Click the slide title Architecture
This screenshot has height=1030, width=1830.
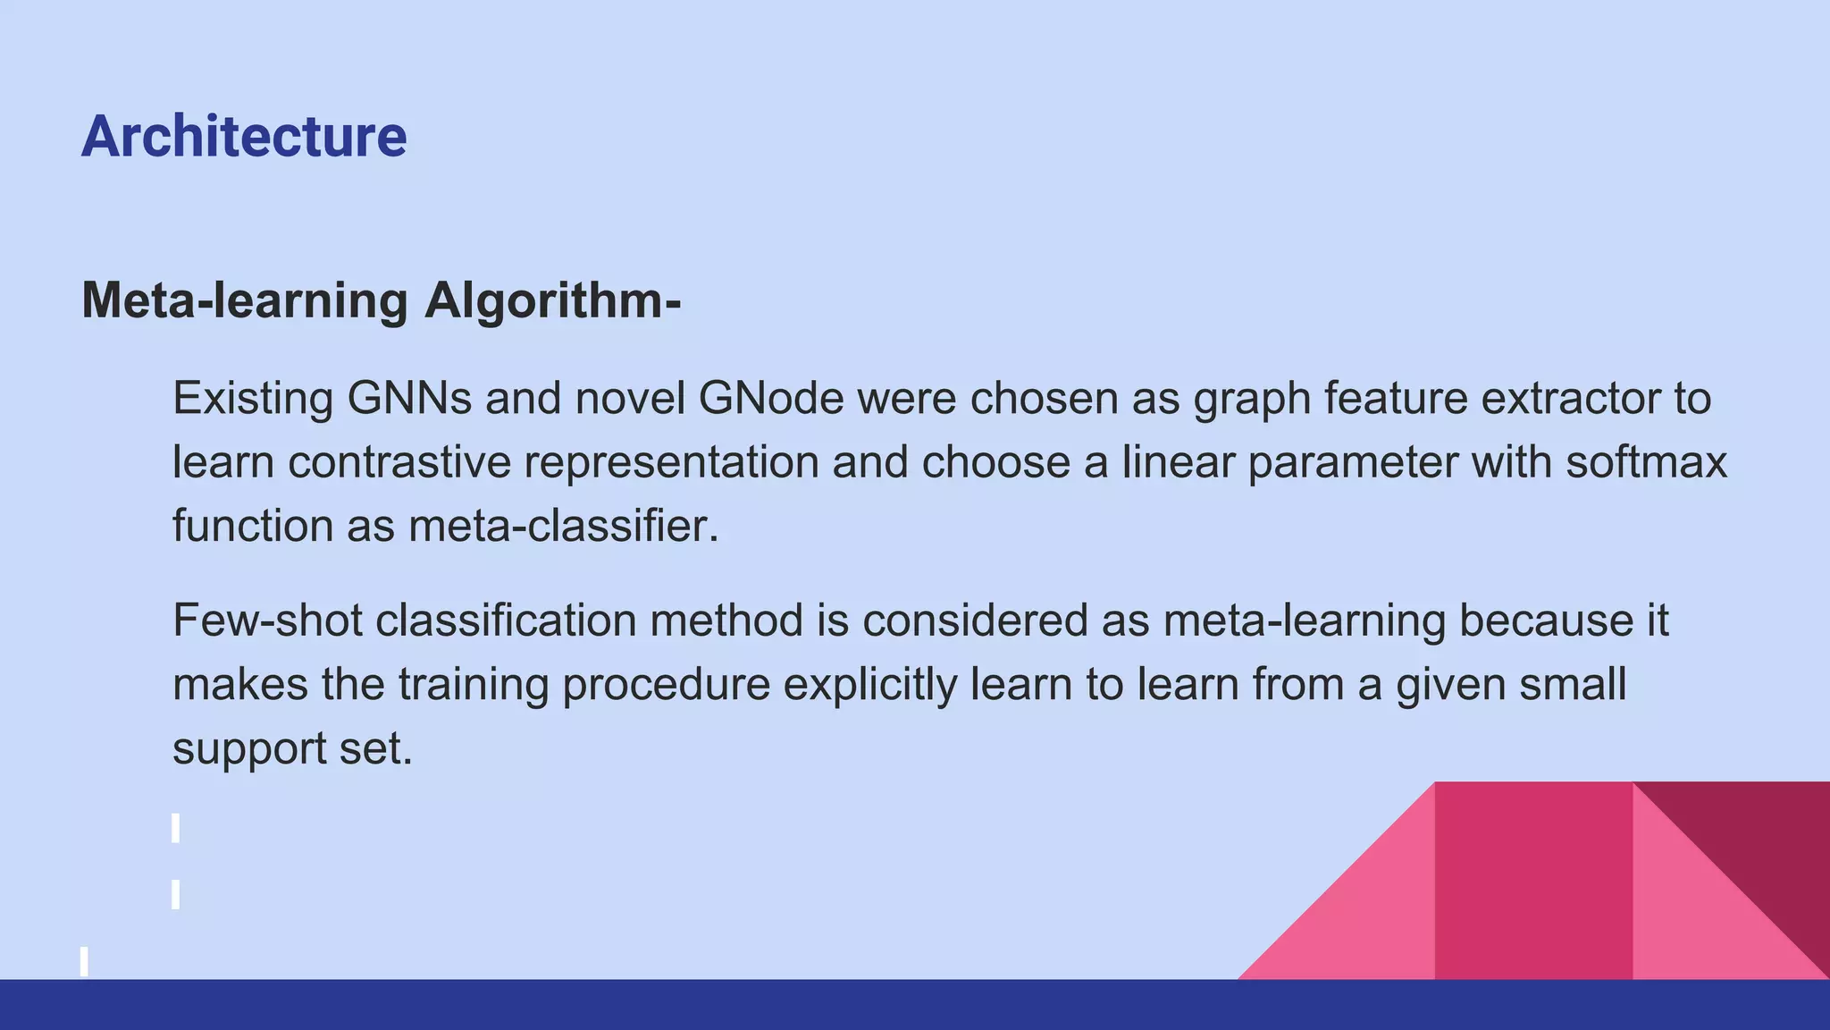pyautogui.click(x=244, y=137)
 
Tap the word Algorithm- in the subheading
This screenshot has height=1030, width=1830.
pyautogui.click(x=553, y=300)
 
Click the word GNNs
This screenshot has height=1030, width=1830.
pyautogui.click(x=409, y=398)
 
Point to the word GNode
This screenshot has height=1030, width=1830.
pyautogui.click(x=771, y=398)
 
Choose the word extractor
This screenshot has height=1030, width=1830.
pyautogui.click(x=1565, y=398)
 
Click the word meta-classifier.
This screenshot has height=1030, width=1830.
pyautogui.click(x=563, y=526)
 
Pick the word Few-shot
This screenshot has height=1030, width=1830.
pyautogui.click(x=267, y=621)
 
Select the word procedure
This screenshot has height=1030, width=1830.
pyautogui.click(x=666, y=685)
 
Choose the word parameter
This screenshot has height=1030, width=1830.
pyautogui.click(x=1353, y=462)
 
